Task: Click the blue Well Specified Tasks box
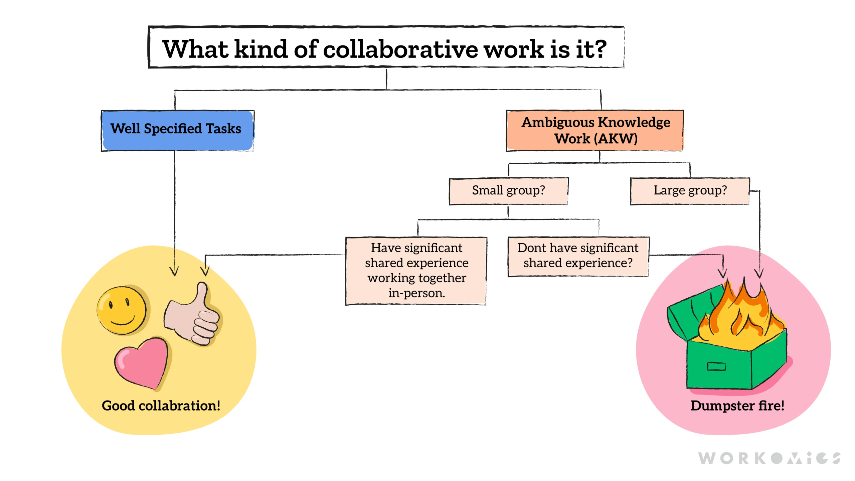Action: (177, 130)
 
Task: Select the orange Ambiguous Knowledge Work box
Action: (595, 130)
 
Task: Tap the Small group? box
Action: (508, 191)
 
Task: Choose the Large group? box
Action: (690, 191)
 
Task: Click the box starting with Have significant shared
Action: (416, 271)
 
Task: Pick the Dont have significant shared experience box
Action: (578, 256)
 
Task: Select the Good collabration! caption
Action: (161, 406)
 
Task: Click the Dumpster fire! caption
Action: (737, 406)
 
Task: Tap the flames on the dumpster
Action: (743, 317)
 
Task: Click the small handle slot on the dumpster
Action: (716, 366)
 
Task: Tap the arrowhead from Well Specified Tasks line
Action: (174, 271)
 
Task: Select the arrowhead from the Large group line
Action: (759, 274)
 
